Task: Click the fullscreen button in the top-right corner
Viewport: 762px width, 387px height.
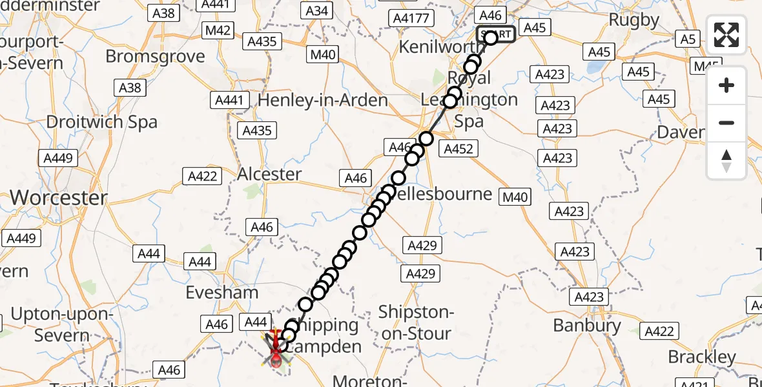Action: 726,35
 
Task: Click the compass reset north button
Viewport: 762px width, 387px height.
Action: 726,161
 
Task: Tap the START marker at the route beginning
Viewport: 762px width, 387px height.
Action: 496,34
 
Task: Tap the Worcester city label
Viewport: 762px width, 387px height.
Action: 59,197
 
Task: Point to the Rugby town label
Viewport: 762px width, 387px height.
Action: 634,20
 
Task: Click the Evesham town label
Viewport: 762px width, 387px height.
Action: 221,292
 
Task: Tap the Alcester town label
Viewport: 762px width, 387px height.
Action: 269,174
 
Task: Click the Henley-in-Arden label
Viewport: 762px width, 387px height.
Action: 323,100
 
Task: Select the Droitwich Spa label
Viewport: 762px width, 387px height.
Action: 101,121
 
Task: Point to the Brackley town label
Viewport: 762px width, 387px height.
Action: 701,357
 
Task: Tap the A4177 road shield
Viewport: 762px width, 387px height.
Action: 411,17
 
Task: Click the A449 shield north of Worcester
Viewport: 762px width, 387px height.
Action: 57,158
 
